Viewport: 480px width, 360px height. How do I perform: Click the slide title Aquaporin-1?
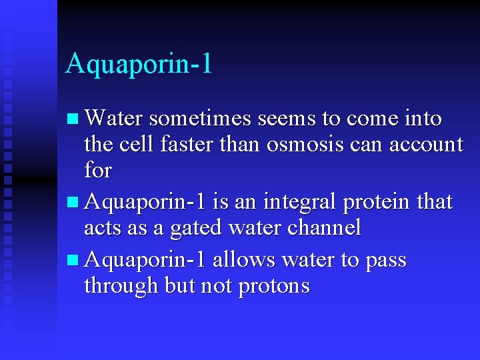click(x=139, y=64)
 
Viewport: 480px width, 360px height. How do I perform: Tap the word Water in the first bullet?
click(x=114, y=119)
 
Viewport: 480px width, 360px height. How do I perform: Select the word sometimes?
click(x=201, y=119)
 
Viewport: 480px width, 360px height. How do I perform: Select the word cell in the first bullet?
click(x=134, y=144)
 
